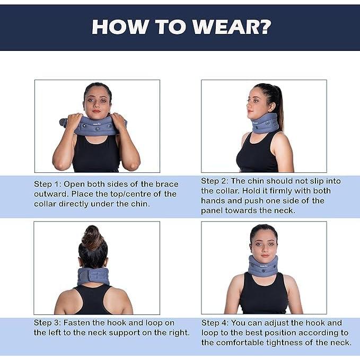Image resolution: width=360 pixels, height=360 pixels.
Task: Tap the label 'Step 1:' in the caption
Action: coord(50,184)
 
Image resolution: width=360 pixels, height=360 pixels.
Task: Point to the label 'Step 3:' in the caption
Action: coord(50,323)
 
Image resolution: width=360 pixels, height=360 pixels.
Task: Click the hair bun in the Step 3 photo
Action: coord(93,237)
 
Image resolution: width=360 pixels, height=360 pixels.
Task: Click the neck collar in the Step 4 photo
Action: coord(263,266)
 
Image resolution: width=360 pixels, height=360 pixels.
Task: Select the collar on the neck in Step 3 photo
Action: coord(93,276)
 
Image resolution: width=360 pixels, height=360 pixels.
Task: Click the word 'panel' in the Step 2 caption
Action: coord(212,211)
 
